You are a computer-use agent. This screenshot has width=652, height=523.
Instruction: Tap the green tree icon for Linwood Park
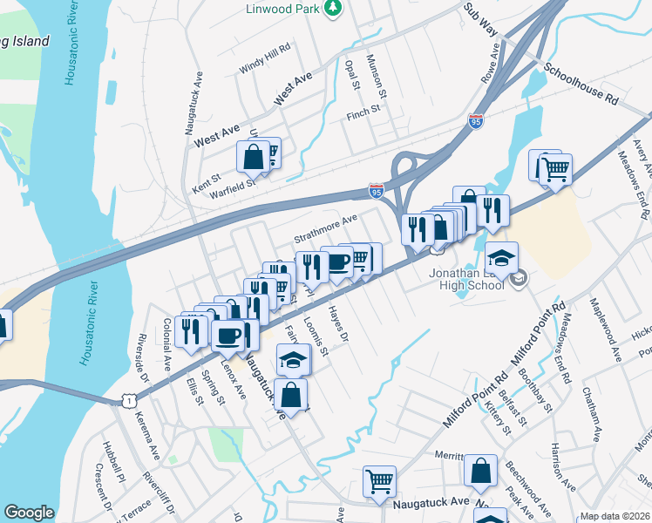coord(332,8)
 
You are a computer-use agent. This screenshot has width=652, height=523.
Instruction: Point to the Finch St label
coord(363,112)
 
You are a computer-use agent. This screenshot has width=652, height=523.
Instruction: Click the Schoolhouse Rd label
coord(581,84)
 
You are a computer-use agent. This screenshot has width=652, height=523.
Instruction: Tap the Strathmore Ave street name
coord(326,230)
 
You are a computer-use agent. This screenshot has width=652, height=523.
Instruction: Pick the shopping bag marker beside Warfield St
coord(253,158)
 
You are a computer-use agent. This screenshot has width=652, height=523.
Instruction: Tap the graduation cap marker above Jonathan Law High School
coord(501,258)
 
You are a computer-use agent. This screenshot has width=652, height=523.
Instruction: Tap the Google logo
coord(29,513)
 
